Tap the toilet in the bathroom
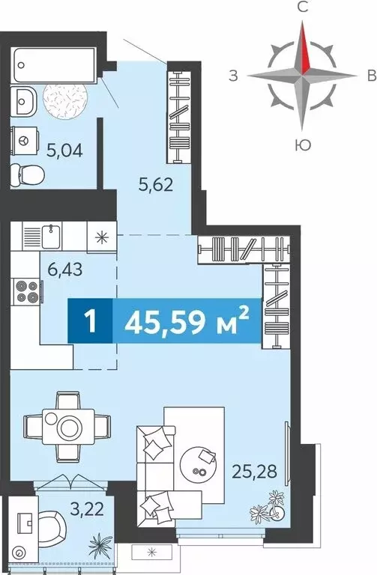[x=28, y=174]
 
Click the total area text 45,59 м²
[x=187, y=323]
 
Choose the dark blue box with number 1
[x=91, y=323]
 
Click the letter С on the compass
[x=302, y=8]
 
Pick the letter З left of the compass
[x=234, y=75]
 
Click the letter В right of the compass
[x=370, y=75]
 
